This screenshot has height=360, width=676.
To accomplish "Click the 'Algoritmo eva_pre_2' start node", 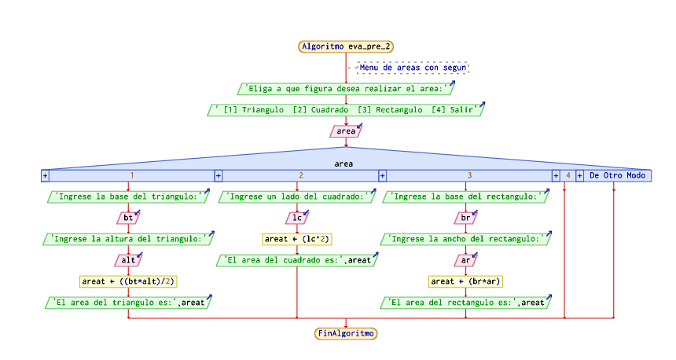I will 346,46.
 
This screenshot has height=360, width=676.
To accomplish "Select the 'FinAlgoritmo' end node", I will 346,333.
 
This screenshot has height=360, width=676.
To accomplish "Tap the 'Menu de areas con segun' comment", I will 413,68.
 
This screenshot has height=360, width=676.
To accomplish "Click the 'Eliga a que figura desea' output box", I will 346,89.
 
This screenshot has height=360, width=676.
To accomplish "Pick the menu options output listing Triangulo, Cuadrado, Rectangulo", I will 346,110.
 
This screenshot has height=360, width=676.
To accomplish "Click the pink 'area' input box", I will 346,131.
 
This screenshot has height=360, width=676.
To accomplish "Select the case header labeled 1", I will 131,175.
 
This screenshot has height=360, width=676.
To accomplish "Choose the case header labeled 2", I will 300,175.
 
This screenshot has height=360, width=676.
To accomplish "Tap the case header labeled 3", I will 469,175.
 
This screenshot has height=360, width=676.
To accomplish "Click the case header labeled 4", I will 568,175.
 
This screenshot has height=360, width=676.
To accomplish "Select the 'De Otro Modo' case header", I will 616,175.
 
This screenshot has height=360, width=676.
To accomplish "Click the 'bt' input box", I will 127,217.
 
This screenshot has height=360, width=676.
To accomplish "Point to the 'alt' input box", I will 127,259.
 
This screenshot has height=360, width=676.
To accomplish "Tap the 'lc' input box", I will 296,217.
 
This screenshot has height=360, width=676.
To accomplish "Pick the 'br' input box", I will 465,217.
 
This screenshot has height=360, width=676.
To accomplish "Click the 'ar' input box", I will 465,259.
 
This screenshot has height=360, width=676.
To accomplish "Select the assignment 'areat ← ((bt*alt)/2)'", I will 127,281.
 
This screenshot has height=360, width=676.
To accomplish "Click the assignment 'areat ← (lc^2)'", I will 296,238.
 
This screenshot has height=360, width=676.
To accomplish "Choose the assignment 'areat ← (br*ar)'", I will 465,281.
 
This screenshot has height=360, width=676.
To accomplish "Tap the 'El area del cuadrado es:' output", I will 296,259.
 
